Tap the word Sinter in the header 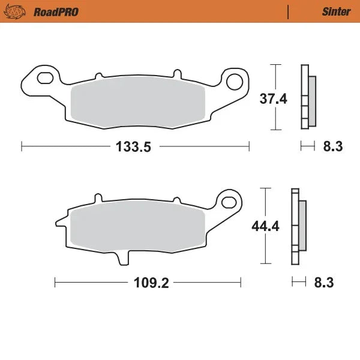coord(336,11)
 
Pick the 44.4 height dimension coord(262,226)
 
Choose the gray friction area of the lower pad coord(138,228)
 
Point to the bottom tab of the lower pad coord(124,257)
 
